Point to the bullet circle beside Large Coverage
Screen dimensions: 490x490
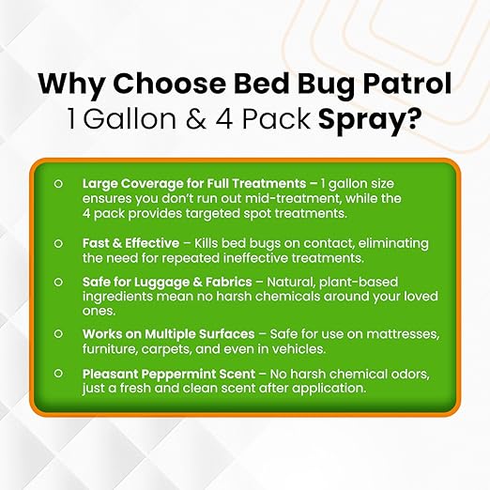[58, 185]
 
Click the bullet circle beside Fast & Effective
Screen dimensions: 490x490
[58, 241]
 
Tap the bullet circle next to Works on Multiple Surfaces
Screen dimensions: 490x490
[58, 333]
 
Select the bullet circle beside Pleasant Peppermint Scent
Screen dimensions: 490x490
[58, 375]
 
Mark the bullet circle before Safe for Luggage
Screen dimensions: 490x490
[58, 281]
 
